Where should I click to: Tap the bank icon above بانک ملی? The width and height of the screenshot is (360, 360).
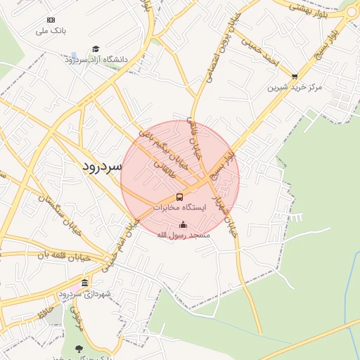51,20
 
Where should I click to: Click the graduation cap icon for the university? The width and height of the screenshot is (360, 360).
96,49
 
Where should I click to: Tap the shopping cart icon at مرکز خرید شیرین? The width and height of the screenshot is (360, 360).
295,77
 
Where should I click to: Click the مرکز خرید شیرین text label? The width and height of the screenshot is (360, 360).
295,88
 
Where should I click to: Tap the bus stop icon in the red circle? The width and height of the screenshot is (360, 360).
179,197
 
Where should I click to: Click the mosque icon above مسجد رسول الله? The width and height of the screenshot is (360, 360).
184,224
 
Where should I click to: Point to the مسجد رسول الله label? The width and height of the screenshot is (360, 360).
184,235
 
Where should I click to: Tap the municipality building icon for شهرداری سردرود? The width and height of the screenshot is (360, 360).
85,283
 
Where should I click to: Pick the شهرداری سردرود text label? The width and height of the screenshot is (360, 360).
85,293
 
